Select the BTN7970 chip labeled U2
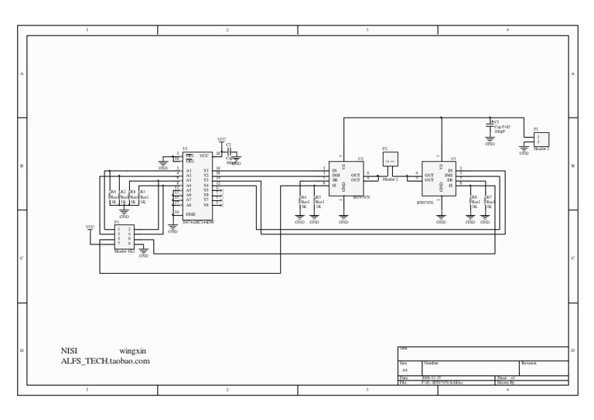tap(346, 179)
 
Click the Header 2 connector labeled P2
tap(390, 158)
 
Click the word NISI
tap(70, 351)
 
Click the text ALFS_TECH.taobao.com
tap(105, 361)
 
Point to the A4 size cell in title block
tap(405, 370)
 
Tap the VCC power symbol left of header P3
tap(90, 228)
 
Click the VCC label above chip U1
tap(222, 140)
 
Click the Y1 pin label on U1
tap(206, 169)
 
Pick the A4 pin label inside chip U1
tap(189, 185)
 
